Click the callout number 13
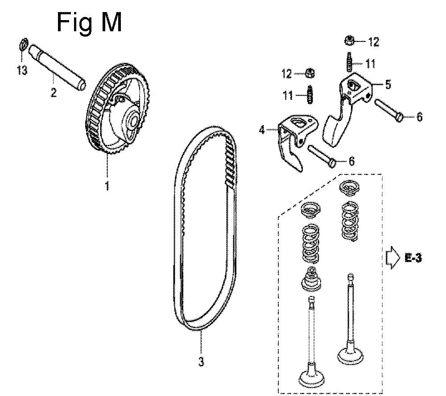[22, 70]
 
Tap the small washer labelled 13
[24, 43]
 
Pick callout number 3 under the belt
[201, 362]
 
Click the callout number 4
[262, 130]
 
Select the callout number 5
[388, 84]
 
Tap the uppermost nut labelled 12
[350, 41]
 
